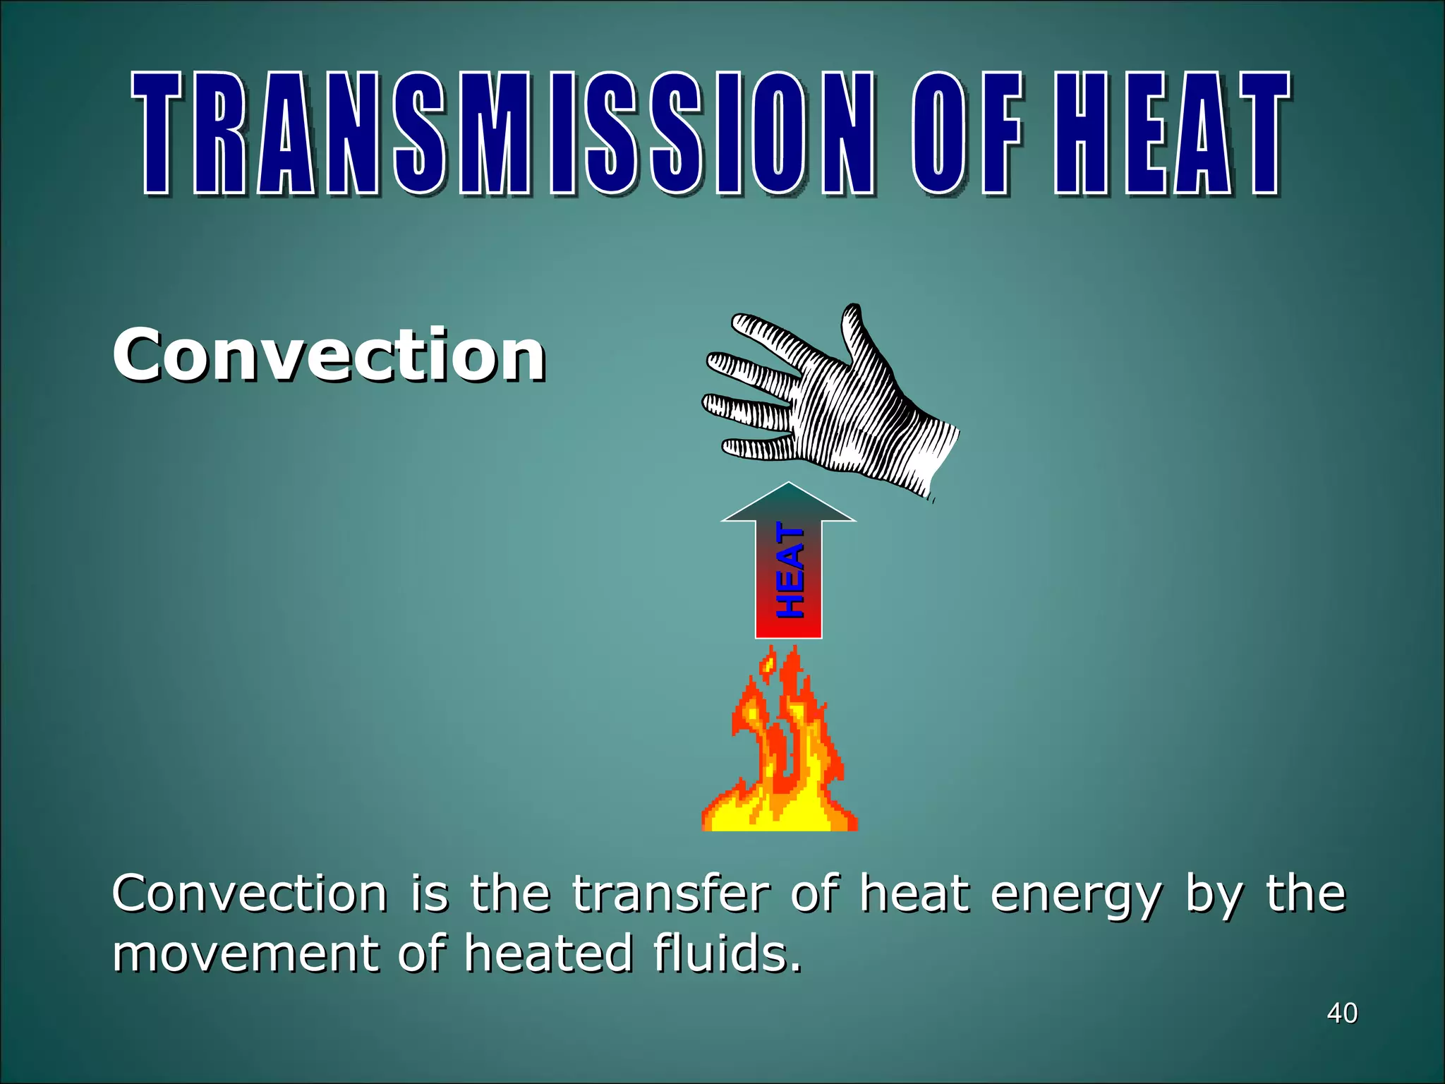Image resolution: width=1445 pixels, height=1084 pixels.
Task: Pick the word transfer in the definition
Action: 670,894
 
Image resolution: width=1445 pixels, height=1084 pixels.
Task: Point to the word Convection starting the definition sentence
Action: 250,894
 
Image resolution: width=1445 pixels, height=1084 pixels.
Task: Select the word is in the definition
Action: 429,894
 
